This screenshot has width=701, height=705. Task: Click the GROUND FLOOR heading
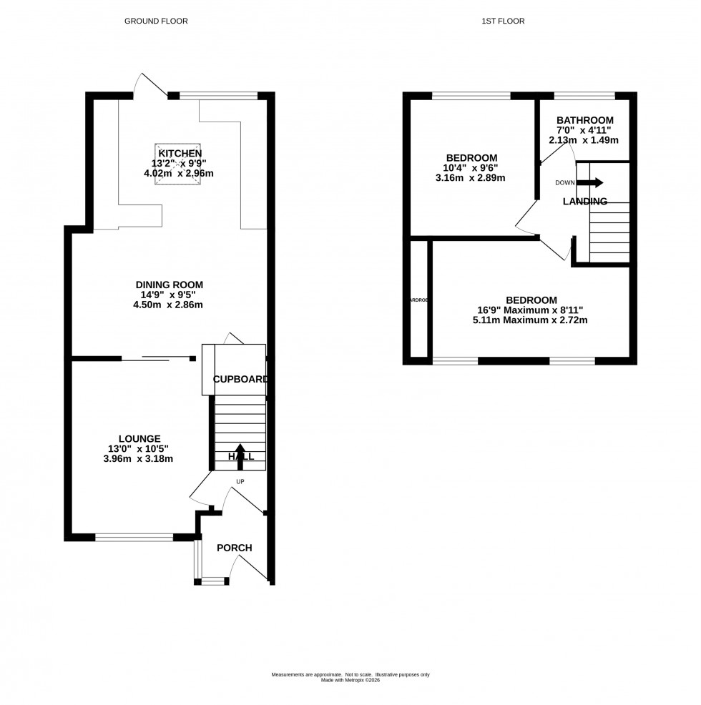tap(156, 21)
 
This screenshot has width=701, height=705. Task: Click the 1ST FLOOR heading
tap(504, 21)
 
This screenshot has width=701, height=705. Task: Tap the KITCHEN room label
tap(180, 154)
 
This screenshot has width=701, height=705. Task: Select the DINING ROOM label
tap(170, 285)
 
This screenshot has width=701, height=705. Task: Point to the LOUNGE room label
tap(139, 438)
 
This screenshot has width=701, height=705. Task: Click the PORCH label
tap(234, 548)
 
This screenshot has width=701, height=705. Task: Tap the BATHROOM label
tap(585, 120)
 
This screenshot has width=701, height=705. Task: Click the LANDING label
tap(584, 202)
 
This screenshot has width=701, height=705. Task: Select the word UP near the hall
tap(240, 482)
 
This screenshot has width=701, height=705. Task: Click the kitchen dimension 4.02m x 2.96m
tap(180, 174)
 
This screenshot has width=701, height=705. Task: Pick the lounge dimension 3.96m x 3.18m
tap(139, 459)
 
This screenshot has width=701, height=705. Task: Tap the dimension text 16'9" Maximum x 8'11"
tap(531, 310)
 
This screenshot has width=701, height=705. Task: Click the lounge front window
tap(134, 536)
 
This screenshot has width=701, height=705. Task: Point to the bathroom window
tap(584, 95)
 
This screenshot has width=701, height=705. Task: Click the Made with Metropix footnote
tap(350, 680)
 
